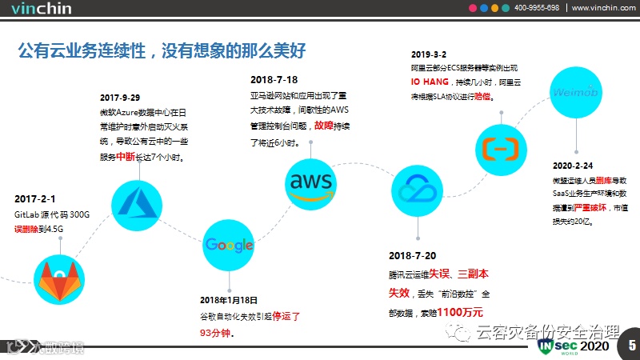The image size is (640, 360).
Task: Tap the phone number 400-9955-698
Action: click(x=537, y=8)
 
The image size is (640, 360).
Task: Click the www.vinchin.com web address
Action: click(x=602, y=8)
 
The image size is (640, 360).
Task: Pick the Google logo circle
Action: click(x=228, y=246)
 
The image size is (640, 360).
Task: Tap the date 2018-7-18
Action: click(x=274, y=79)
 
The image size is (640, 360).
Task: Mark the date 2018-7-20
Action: click(x=412, y=256)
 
